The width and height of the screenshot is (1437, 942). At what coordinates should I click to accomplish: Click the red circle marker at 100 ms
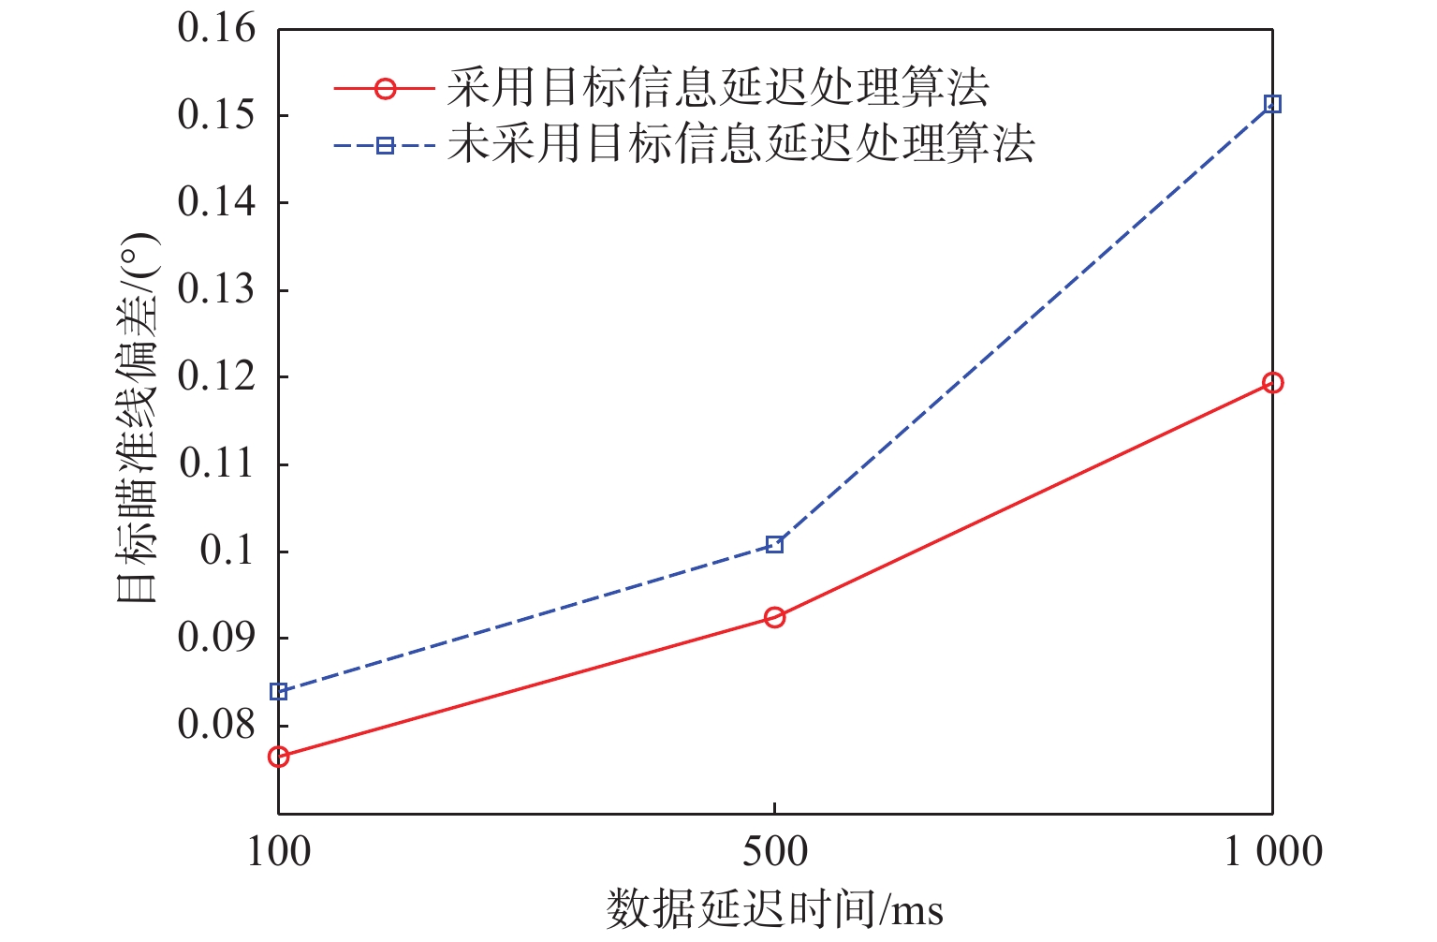click(278, 757)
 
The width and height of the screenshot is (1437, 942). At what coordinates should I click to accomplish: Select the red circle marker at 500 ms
click(774, 617)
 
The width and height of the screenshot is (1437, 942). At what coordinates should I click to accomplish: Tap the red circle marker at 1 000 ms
click(1272, 382)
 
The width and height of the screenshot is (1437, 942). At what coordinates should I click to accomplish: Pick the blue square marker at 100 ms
click(278, 692)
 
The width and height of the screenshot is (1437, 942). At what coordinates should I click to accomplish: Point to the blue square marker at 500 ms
click(774, 545)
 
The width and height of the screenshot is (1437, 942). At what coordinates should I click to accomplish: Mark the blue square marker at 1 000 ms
click(1272, 104)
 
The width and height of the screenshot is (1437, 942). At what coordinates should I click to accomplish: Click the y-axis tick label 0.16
click(216, 29)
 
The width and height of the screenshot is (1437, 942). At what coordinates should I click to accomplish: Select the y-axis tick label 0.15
click(216, 116)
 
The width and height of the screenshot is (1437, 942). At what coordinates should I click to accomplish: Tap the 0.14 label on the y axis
click(216, 202)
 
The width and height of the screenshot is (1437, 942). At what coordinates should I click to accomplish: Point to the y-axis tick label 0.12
click(216, 376)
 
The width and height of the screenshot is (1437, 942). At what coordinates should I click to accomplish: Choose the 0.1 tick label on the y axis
click(227, 551)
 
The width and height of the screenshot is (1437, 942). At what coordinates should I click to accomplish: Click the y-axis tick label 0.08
click(216, 725)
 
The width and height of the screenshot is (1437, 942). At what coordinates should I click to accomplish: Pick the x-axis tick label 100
click(279, 853)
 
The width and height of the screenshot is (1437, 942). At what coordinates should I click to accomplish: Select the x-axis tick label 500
click(775, 853)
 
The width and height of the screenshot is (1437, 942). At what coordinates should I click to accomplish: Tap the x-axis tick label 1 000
click(1273, 853)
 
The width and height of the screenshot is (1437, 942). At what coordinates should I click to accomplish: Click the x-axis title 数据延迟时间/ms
click(775, 909)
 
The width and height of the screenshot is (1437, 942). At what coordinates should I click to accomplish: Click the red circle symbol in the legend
click(385, 89)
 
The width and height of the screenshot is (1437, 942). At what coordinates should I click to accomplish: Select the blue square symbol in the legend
click(385, 145)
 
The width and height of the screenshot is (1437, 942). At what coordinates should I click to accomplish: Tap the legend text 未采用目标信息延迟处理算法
click(740, 145)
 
